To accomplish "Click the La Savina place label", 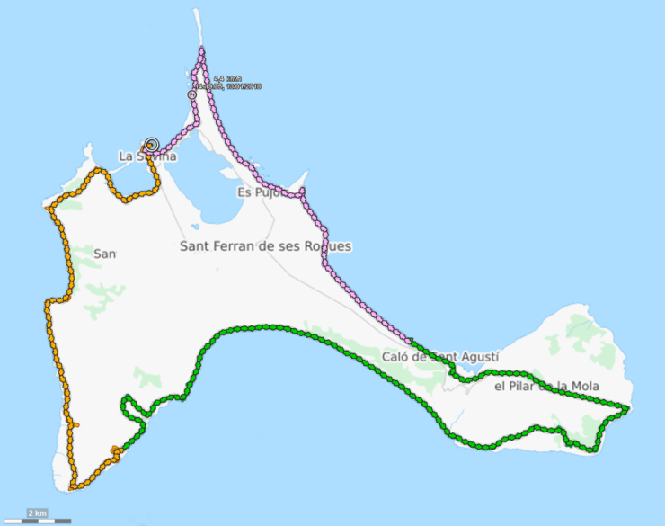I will coord(147,156).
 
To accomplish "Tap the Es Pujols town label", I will coord(259,192).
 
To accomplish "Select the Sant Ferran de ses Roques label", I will coord(265,246).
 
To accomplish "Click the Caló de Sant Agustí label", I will coord(440,357).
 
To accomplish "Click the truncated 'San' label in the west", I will coord(105,254).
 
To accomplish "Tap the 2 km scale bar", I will coord(37,517).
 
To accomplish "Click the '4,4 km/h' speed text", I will coord(227,79).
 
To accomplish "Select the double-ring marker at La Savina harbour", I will coord(151,144).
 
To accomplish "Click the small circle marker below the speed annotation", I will coord(191,94).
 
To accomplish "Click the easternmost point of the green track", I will coord(626,409).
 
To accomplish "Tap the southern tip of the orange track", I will coord(73,487).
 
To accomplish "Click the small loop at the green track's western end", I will coord(133,409).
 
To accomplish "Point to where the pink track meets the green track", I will coord(411,343).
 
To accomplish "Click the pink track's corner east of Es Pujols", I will coord(302,192).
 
